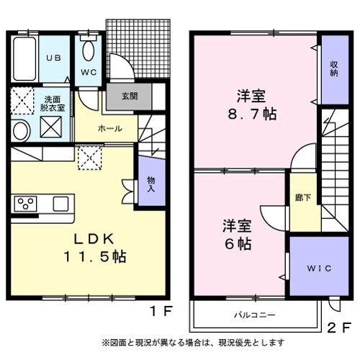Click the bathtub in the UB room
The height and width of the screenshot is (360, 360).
tap(24, 59)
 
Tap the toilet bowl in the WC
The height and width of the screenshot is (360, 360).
tap(89, 50)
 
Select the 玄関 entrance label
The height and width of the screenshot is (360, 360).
tap(130, 96)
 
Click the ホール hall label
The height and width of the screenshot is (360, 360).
tap(110, 129)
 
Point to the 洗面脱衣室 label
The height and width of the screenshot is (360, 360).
tap(53, 104)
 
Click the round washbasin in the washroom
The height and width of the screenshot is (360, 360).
tap(21, 132)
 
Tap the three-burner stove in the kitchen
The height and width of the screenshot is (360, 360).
tap(25, 204)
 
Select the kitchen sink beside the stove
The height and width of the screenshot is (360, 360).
tap(60, 204)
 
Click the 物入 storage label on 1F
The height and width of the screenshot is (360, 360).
tap(151, 184)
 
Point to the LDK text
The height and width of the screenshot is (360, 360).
tap(94, 239)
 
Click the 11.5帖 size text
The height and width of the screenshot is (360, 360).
tap(94, 257)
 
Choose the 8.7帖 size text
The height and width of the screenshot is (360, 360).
tap(252, 114)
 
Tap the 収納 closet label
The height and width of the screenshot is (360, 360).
tap(334, 68)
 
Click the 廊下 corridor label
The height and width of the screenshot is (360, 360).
tap(303, 197)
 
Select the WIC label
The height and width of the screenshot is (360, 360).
tap(319, 268)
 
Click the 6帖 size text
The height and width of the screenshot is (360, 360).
tap(238, 244)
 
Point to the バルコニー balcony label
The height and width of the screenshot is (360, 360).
tap(255, 315)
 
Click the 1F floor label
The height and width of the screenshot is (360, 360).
tap(161, 312)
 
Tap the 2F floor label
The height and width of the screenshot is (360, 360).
tap(339, 328)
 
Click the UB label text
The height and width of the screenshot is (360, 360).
tap(54, 58)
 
